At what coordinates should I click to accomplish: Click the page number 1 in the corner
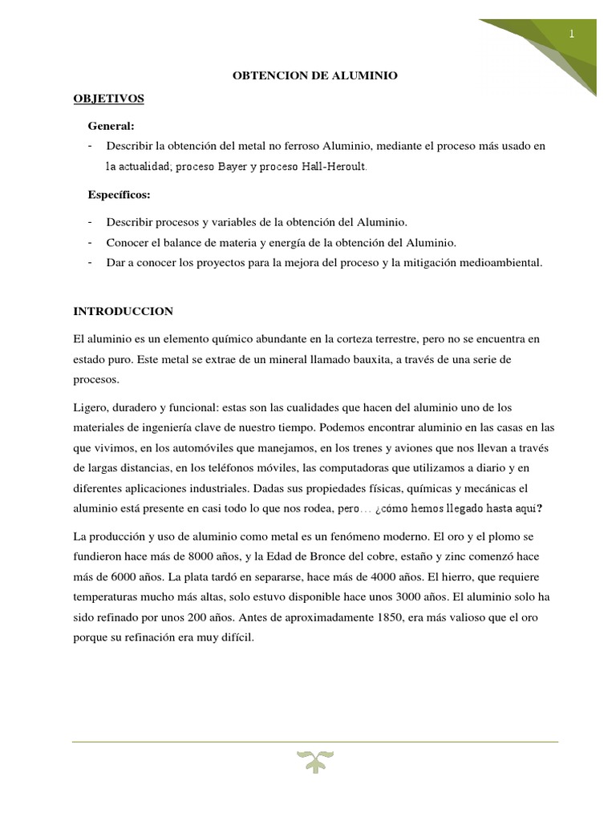[572, 34]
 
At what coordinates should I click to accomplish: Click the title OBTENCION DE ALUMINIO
[314, 75]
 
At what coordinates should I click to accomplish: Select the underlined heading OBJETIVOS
[108, 98]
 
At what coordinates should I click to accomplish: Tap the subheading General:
[111, 127]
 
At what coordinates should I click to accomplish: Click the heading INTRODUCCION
[123, 310]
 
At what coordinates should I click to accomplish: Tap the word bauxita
[369, 358]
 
